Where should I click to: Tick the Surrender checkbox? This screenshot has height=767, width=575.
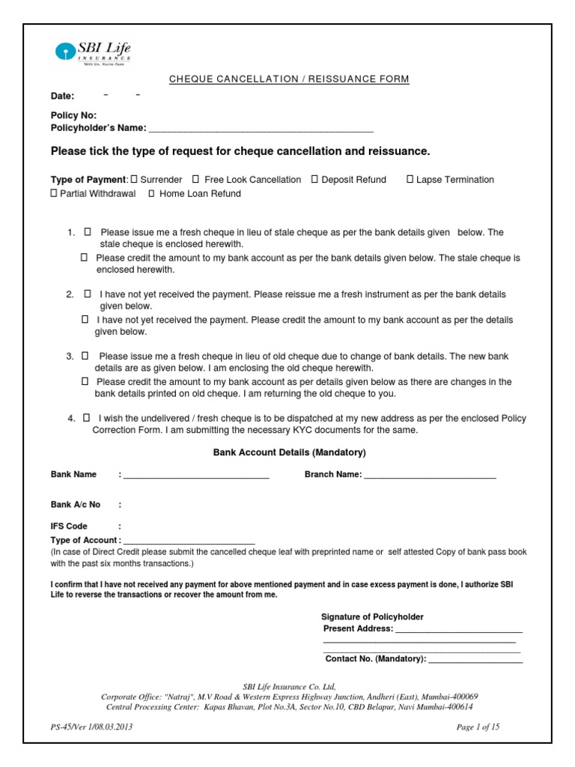point(134,180)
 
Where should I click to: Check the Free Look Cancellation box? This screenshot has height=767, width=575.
point(195,180)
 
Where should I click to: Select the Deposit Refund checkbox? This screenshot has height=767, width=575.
point(314,180)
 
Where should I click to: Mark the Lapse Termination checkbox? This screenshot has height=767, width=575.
point(410,180)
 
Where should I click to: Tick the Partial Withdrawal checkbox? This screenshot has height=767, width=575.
point(53,193)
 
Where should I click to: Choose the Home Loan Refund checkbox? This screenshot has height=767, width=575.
point(151,193)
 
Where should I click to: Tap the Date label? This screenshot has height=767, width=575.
point(62,97)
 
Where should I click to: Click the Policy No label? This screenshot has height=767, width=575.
point(73,116)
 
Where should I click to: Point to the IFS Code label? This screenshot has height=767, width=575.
point(69,527)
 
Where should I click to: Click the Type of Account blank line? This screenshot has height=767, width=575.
point(189,541)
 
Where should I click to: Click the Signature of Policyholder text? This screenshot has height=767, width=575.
point(372,616)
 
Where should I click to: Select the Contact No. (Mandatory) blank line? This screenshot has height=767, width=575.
point(475,661)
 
